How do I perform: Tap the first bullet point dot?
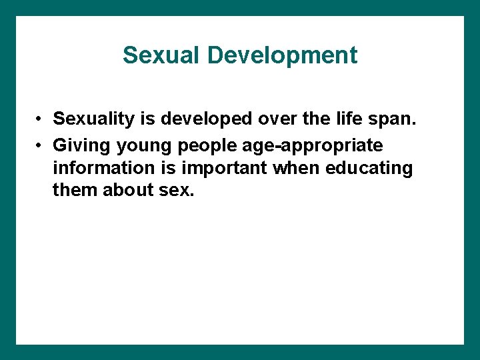coord(41,119)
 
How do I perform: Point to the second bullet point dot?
coord(41,145)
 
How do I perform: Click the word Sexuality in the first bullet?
coord(94,119)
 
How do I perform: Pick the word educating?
coord(369,169)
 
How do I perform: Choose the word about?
coord(128,191)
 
